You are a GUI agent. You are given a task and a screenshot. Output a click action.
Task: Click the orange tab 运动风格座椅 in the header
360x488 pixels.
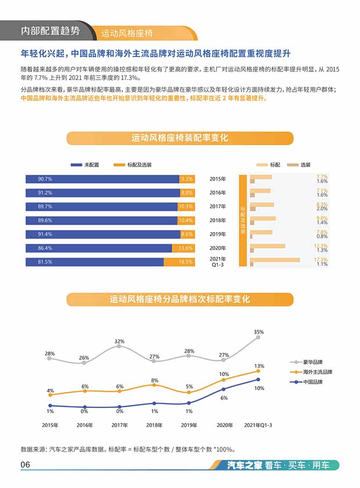(128, 32)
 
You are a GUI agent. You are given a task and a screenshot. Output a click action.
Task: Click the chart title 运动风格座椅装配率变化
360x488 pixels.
(179, 138)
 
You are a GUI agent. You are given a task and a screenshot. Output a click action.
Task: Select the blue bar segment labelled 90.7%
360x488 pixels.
(102, 179)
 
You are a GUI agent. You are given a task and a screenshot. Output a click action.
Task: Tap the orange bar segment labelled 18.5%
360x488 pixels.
(186, 262)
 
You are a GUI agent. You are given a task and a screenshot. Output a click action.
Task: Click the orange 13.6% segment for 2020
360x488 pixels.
(186, 248)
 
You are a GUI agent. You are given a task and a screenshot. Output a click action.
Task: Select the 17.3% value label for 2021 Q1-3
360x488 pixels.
(321, 259)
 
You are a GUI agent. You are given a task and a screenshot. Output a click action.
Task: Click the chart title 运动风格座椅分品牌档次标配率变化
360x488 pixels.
(179, 299)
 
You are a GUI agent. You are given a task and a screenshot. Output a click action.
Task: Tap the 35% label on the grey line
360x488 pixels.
(258, 332)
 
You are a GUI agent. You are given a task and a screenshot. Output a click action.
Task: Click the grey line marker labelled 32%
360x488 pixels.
(119, 346)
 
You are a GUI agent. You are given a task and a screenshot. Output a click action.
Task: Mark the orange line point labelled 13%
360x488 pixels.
(258, 371)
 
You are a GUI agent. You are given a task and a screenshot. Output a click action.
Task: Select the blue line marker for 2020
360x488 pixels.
(224, 389)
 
